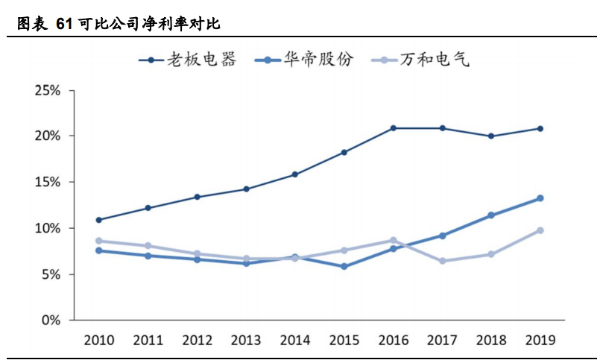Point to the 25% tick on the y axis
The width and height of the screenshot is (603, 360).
click(48, 91)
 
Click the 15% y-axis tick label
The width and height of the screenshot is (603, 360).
click(48, 183)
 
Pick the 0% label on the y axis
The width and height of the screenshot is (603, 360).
click(51, 320)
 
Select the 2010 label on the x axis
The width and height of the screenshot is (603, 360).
click(99, 341)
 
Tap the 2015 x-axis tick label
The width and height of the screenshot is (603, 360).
click(344, 341)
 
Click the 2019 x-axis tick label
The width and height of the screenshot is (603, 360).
click(540, 341)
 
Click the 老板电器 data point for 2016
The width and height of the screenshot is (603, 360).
click(394, 128)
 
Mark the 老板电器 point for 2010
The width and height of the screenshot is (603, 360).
click(99, 220)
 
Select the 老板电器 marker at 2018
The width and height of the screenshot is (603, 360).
click(491, 136)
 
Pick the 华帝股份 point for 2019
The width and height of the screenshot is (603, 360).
click(540, 198)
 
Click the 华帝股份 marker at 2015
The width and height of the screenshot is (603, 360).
click(344, 266)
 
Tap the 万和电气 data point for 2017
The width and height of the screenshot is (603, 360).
click(443, 261)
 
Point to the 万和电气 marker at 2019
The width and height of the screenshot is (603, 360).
click(540, 230)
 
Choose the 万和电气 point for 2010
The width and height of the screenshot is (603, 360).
click(99, 241)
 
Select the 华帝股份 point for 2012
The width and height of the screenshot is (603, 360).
click(198, 259)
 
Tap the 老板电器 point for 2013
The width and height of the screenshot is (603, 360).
click(247, 189)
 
